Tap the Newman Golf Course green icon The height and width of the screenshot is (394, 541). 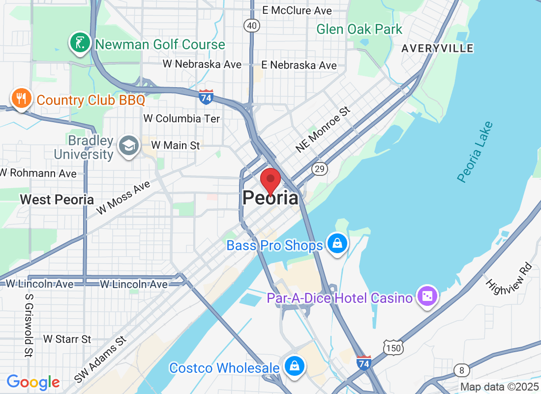(x=79, y=43)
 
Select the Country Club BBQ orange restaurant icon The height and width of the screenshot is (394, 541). (x=21, y=99)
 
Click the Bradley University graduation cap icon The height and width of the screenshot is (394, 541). (x=129, y=145)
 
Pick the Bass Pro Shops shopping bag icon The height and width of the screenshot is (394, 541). (x=337, y=244)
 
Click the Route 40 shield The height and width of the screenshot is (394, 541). (x=252, y=26)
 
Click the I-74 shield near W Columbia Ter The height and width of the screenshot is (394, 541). (x=207, y=97)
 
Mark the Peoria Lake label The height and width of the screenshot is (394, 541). (x=475, y=152)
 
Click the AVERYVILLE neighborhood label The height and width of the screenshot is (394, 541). (x=437, y=48)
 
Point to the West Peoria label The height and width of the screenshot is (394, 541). (x=57, y=199)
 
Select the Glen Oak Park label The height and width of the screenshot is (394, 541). (x=359, y=30)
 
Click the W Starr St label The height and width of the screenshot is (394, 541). (x=67, y=339)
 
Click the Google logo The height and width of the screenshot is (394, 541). (x=33, y=382)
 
